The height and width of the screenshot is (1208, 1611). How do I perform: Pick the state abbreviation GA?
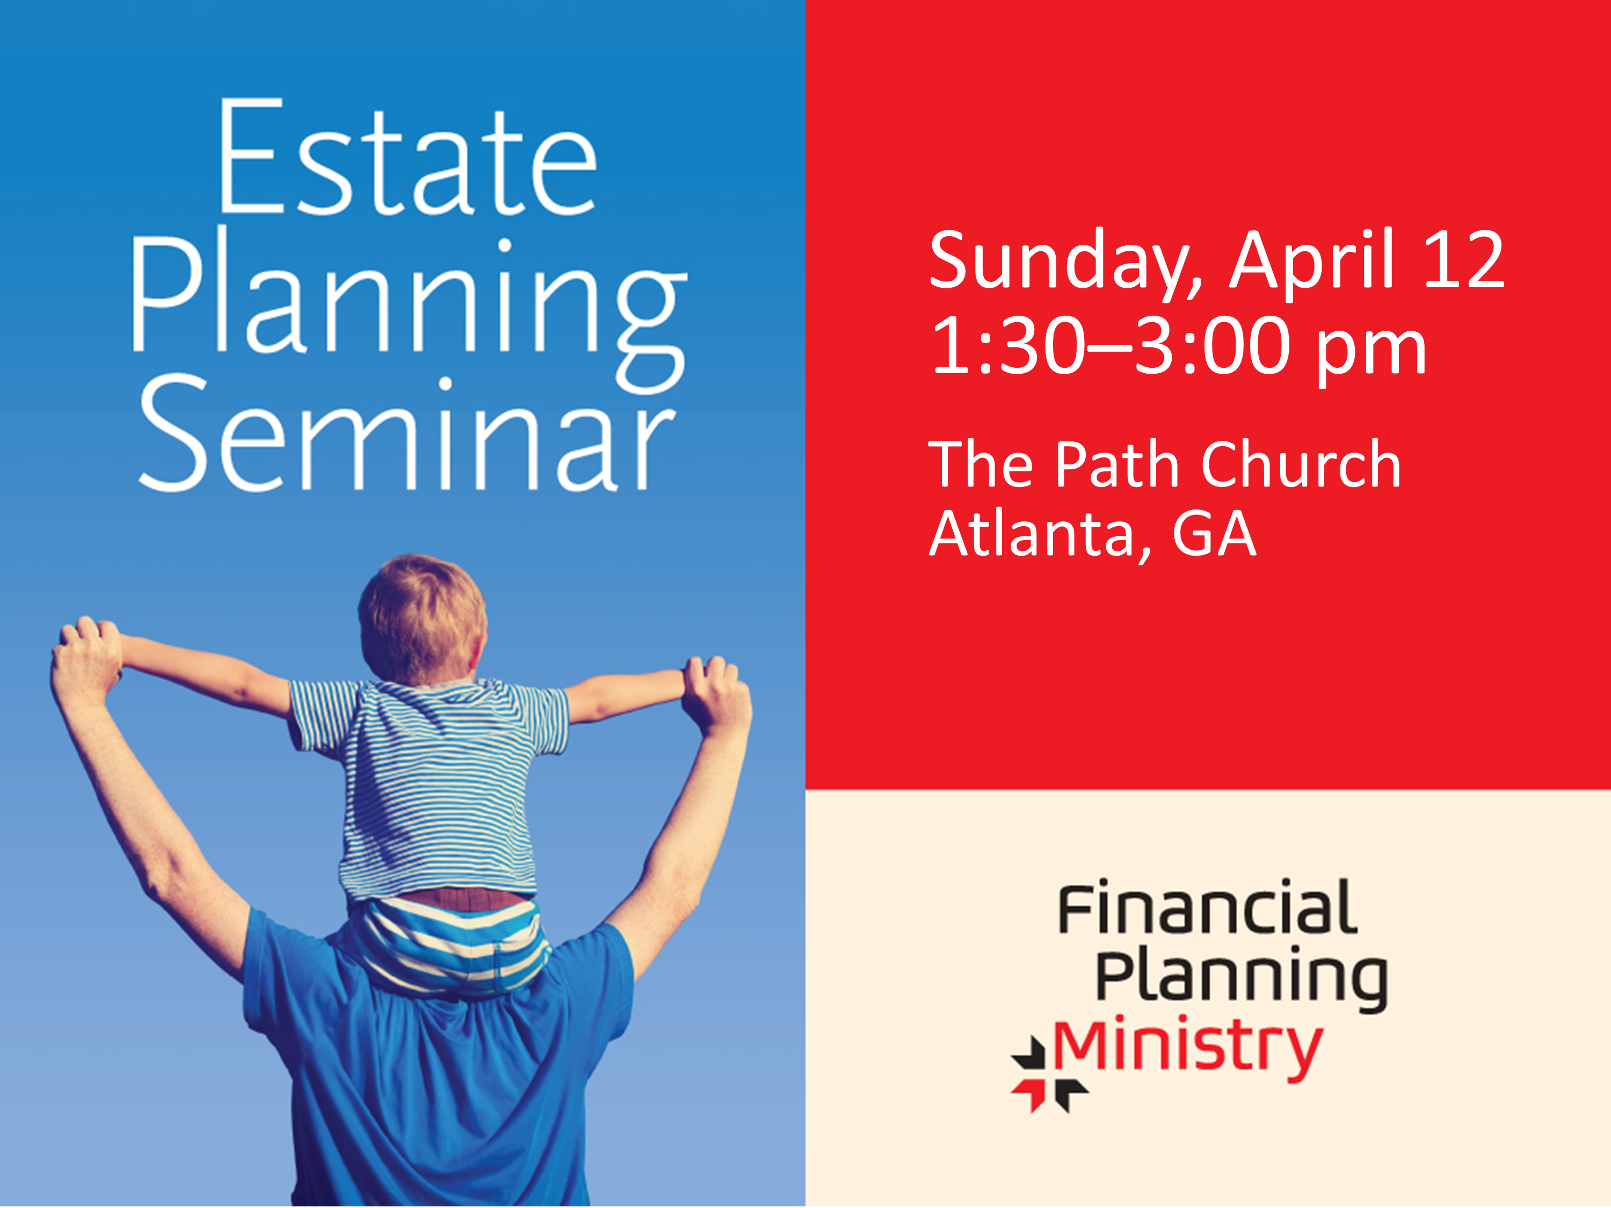click(1214, 534)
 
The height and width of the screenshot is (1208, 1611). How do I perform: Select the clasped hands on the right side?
click(717, 692)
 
